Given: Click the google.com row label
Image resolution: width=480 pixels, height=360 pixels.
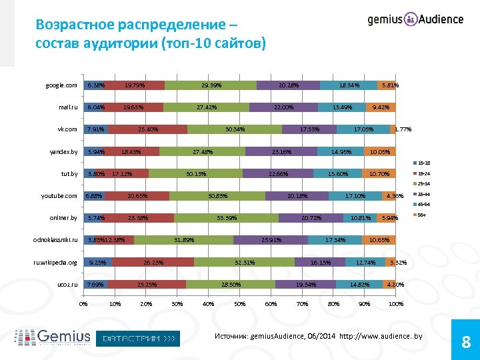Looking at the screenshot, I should [x=61, y=85].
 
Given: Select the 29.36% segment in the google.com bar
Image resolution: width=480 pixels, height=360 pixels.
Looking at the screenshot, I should [x=211, y=85].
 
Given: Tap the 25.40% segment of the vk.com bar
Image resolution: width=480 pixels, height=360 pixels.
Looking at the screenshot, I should [x=147, y=129].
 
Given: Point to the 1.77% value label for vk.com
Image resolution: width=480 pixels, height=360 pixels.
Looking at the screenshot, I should [x=404, y=129].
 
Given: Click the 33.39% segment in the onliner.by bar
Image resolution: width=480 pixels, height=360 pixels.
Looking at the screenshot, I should [x=226, y=218].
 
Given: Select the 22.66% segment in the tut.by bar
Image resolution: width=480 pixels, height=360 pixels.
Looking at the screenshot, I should [x=277, y=174].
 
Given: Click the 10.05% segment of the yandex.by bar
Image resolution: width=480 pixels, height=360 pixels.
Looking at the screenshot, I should [x=380, y=152].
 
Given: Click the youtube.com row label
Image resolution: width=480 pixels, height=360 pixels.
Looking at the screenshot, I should [x=59, y=196].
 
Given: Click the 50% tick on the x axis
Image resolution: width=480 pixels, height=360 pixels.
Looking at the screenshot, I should [x=239, y=305].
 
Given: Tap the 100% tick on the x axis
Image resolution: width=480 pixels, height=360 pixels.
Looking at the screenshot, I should [x=395, y=305].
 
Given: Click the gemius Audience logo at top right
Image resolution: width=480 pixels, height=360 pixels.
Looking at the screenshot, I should [x=415, y=19].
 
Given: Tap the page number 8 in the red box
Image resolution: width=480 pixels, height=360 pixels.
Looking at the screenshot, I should [x=466, y=343].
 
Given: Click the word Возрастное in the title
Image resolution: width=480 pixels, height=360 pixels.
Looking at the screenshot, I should [x=77, y=25].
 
